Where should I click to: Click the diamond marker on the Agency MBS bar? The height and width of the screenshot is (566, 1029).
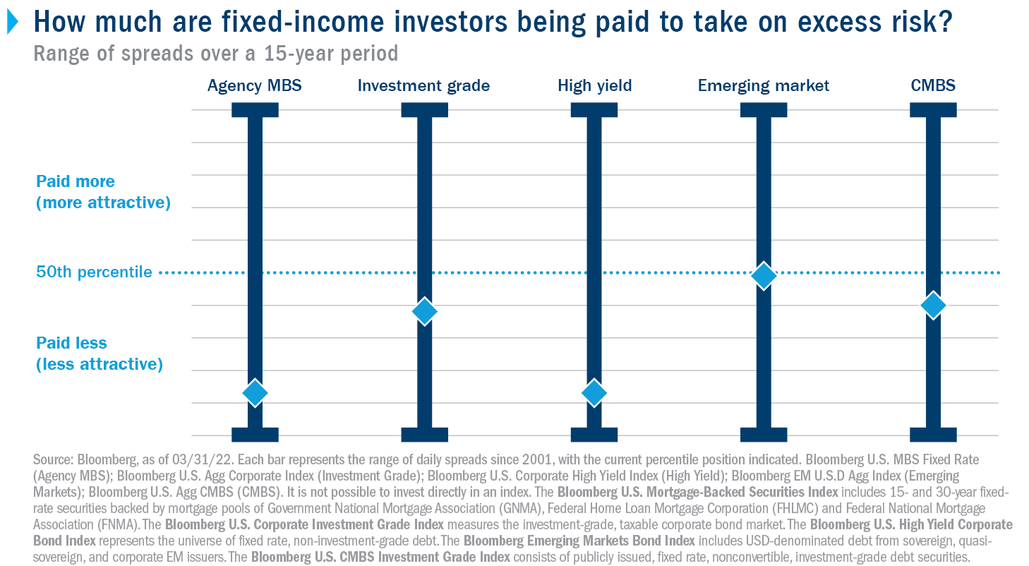tap(255, 393)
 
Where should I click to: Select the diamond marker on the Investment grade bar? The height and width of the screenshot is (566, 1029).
tap(424, 311)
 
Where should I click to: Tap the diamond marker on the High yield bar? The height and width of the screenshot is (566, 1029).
tap(594, 393)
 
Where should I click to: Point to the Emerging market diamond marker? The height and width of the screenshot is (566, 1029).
tap(764, 276)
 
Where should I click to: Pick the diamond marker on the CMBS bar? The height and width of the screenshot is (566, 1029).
tap(933, 305)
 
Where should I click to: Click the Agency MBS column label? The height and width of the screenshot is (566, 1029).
tap(255, 86)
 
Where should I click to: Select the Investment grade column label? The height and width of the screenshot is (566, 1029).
tap(423, 86)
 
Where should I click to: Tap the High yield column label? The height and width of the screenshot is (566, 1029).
tap(594, 86)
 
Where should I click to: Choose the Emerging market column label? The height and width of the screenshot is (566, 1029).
tap(764, 86)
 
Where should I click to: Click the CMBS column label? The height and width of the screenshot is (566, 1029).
tap(933, 85)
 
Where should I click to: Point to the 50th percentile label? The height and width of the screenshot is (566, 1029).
tap(94, 272)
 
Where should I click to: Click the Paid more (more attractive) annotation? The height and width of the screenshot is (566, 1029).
tap(103, 192)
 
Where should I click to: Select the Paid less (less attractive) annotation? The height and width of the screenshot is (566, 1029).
tap(100, 354)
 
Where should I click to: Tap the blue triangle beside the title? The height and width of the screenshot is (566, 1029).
tap(13, 22)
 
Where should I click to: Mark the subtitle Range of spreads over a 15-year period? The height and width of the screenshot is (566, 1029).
tap(216, 54)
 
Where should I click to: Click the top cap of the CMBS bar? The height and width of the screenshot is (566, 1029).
tap(933, 110)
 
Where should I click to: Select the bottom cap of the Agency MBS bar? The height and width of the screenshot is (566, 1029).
tap(255, 435)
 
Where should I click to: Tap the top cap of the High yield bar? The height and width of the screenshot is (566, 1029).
tap(594, 110)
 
